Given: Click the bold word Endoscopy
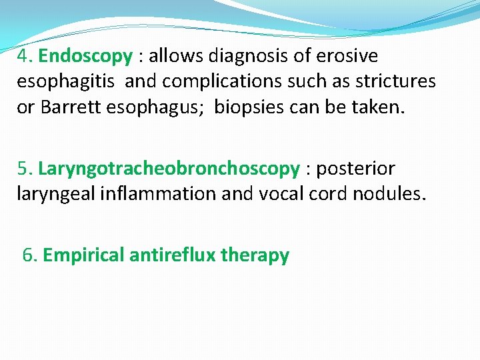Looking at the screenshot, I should pyautogui.click(x=85, y=56).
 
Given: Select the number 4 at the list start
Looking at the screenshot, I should pyautogui.click(x=24, y=56).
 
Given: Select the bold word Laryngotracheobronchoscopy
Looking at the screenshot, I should pyautogui.click(x=169, y=169).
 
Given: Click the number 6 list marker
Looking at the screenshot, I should pyautogui.click(x=29, y=255).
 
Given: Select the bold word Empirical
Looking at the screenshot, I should pyautogui.click(x=83, y=255).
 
